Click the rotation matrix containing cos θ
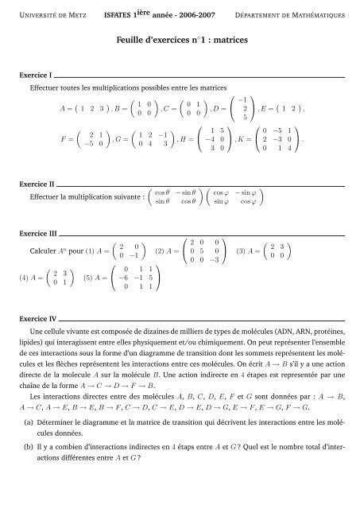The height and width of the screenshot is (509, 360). click(176, 196)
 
